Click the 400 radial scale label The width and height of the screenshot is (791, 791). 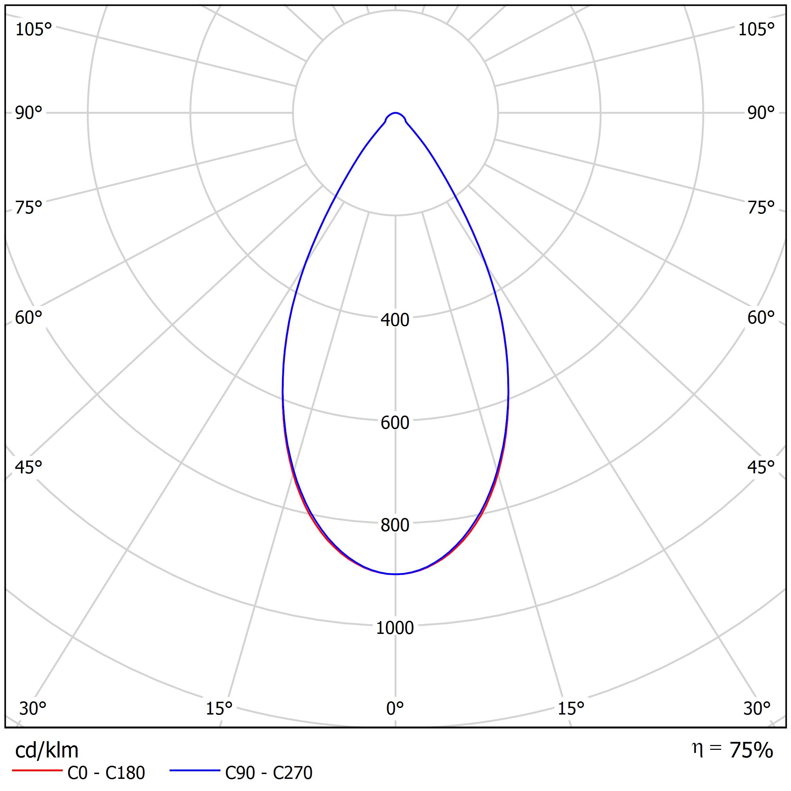click(x=395, y=320)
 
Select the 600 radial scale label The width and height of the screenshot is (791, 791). click(x=395, y=422)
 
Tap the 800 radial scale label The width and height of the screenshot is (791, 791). click(x=395, y=525)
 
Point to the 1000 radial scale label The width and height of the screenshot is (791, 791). click(x=395, y=628)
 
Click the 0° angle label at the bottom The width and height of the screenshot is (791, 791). click(x=395, y=708)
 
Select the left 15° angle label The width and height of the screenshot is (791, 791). click(x=219, y=708)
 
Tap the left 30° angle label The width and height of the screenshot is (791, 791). click(x=33, y=708)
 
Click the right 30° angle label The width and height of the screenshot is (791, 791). click(x=757, y=708)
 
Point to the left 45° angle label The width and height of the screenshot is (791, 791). click(x=29, y=467)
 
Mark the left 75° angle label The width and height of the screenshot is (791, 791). click(x=29, y=208)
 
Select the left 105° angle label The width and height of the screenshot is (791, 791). click(x=34, y=29)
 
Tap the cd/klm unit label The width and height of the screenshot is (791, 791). click(x=47, y=751)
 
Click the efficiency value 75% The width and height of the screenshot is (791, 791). click(x=751, y=751)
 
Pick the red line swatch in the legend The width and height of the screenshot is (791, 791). click(x=37, y=771)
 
